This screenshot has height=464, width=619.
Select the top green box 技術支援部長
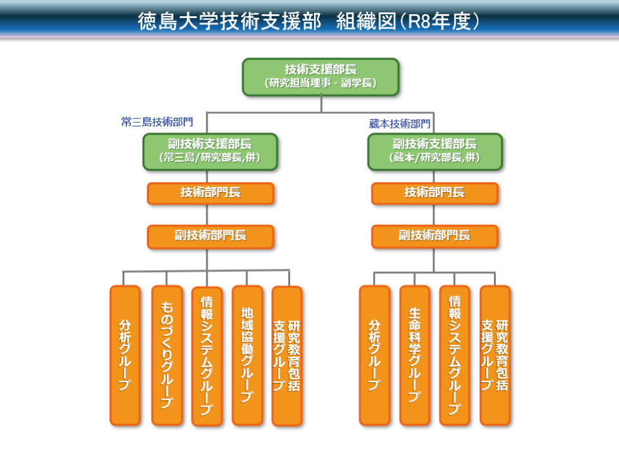[320, 77]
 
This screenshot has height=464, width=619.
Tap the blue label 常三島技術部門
[157, 121]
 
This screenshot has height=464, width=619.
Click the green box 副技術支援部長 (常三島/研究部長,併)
[210, 151]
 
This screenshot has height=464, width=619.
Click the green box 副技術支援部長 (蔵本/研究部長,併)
[435, 151]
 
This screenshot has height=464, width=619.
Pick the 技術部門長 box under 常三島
[210, 193]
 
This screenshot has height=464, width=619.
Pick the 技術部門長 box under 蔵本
[435, 193]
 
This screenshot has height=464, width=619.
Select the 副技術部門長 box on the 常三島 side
[210, 237]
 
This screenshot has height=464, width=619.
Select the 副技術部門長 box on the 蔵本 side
[435, 237]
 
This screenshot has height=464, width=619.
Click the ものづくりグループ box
[166, 355]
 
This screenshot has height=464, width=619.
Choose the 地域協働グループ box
[247, 355]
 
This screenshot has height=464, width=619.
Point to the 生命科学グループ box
[415, 355]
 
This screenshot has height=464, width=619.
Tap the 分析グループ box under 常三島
[125, 355]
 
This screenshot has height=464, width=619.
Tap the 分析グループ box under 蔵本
[375, 355]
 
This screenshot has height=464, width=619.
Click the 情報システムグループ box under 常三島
[207, 355]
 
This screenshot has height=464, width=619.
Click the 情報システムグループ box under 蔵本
[455, 355]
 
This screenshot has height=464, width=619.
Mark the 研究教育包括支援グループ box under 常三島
[287, 355]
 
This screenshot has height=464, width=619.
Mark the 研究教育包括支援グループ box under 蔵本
[495, 355]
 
